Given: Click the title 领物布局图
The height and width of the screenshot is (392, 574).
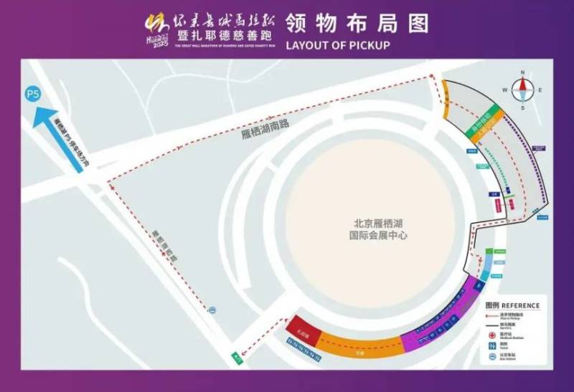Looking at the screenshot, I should point(357,22).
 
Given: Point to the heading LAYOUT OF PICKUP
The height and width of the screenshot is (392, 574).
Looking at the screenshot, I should point(337,45).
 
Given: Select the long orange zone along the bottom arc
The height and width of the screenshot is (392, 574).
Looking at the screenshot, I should point(359,345).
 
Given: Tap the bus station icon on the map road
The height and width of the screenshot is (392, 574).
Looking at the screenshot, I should point(211,310).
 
